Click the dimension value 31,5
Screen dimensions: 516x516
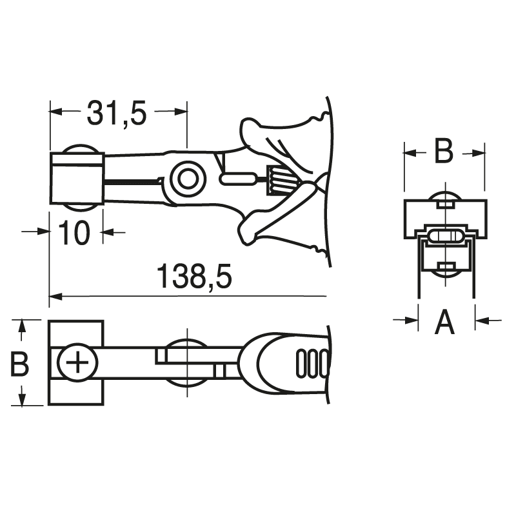117,114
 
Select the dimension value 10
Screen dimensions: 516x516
76,233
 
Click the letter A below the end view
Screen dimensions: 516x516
444,321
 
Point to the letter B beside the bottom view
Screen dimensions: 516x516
21,364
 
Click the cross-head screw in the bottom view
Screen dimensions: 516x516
78,363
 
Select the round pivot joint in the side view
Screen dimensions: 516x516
187,178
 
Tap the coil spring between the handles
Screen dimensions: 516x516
279,179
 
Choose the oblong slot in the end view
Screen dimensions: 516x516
444,235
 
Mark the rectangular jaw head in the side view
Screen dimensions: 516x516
76,178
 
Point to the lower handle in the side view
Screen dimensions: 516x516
277,223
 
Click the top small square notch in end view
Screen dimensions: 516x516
444,204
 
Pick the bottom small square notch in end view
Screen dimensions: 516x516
444,266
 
